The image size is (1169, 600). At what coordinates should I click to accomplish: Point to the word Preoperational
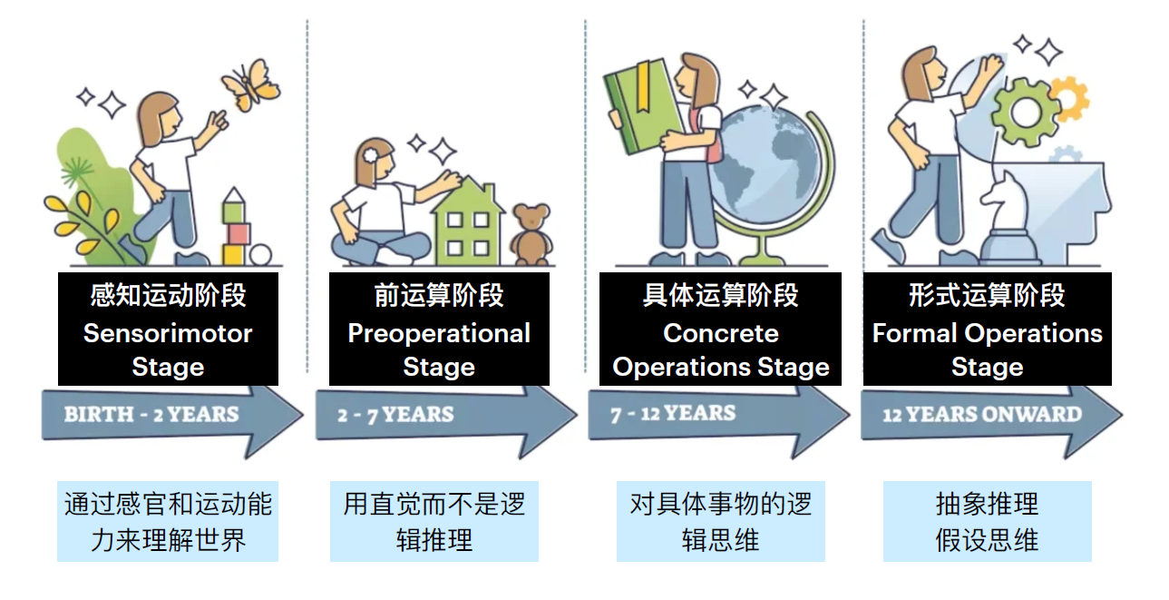(x=439, y=333)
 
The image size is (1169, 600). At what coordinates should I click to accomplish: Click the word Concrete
(x=721, y=333)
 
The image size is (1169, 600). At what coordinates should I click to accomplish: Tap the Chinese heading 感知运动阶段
(x=168, y=295)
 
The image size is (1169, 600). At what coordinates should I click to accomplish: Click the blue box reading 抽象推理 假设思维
(x=987, y=521)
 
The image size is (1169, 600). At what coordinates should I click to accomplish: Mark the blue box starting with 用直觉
(x=434, y=521)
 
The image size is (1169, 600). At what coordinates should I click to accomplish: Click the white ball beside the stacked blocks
(x=260, y=255)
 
